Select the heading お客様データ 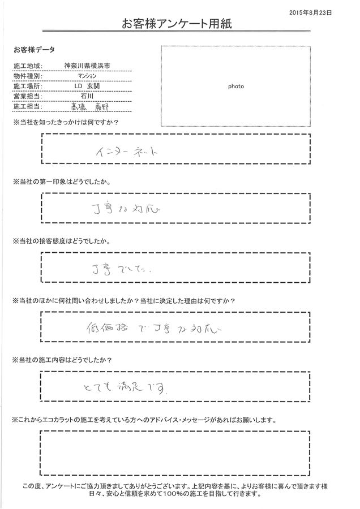tap(33, 50)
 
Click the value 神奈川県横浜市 tap(87, 66)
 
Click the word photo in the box tap(236, 87)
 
